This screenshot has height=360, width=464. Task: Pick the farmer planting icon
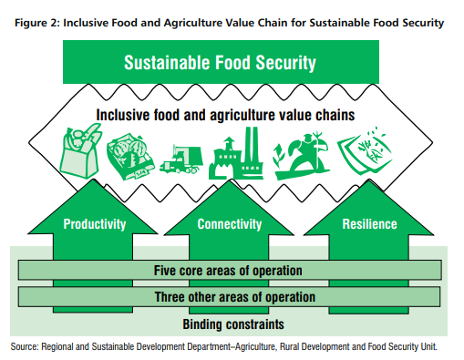(x=294, y=153)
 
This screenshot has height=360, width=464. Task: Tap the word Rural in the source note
(x=301, y=345)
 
